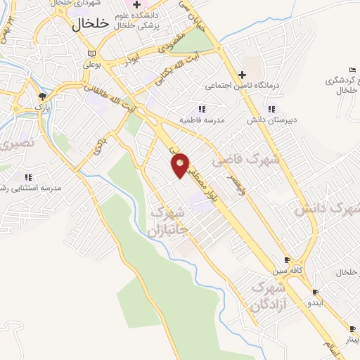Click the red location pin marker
[x=180, y=165]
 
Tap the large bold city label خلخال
[x=91, y=23]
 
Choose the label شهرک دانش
[x=328, y=209]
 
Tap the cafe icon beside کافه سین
[x=286, y=259]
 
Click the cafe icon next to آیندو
[x=315, y=292]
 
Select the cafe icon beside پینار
[x=352, y=328]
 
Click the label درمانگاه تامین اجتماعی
[x=243, y=86]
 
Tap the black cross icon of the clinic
[x=243, y=74]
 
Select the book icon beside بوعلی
[x=90, y=54]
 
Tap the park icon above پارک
[x=43, y=95]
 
